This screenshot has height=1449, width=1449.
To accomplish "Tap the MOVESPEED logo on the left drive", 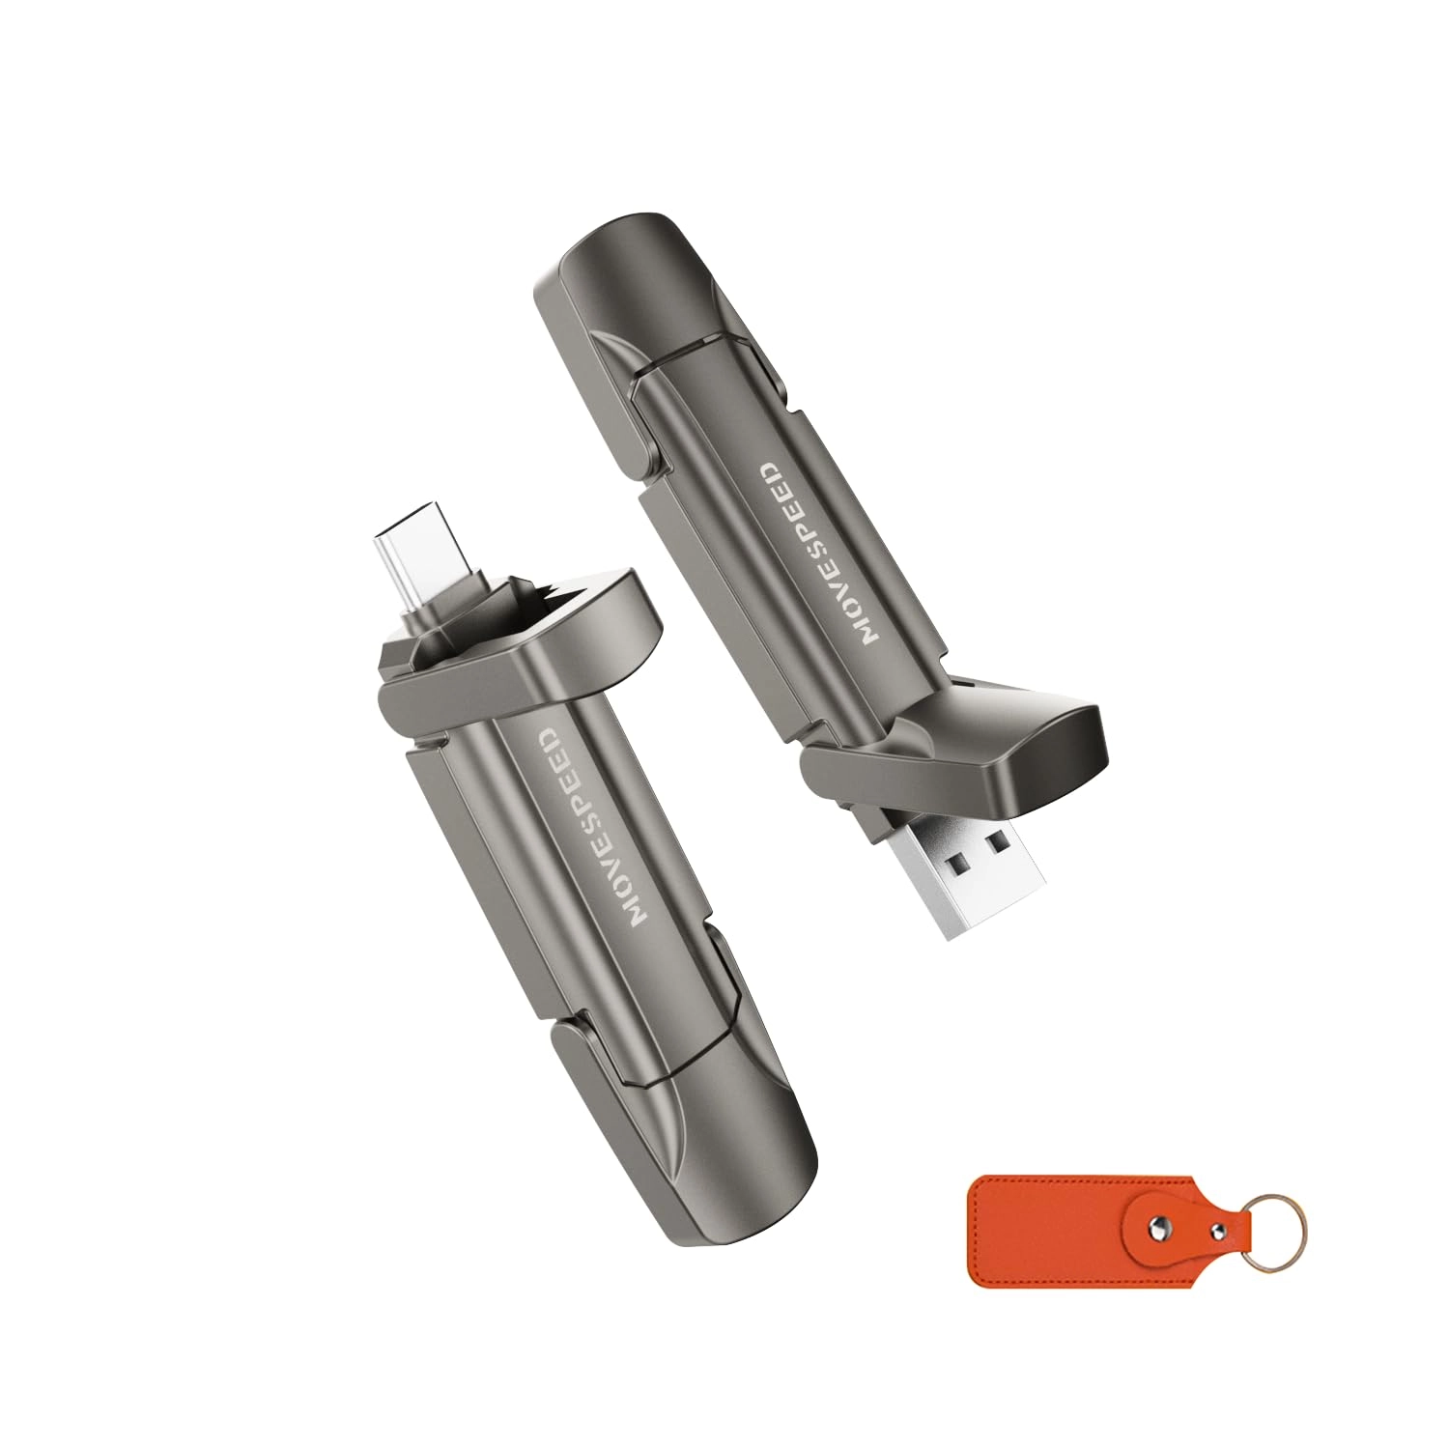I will point(590,830).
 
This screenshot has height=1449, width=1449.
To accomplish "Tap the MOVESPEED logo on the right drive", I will point(819,552).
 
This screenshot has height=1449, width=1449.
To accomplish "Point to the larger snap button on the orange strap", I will point(1158,1229).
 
